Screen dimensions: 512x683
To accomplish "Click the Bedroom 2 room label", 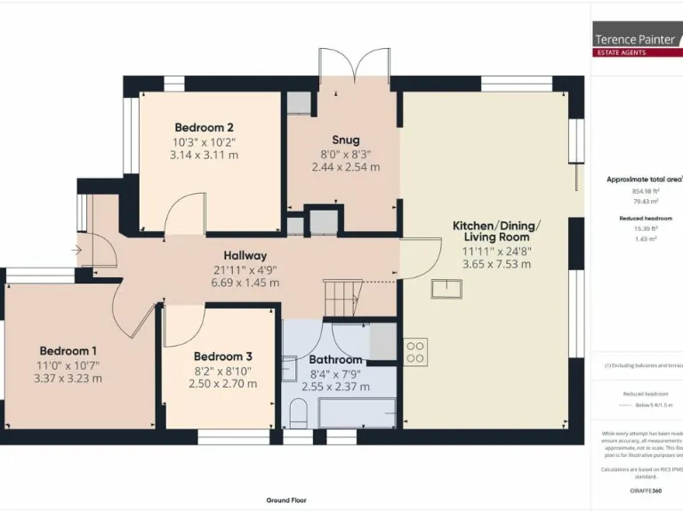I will click(x=204, y=127).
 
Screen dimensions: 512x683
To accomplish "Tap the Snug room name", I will click(x=346, y=140).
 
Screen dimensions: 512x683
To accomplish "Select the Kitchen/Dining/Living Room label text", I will click(x=496, y=231).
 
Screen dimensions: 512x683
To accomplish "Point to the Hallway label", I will click(x=245, y=256).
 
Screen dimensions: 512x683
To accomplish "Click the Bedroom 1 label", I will click(x=68, y=350).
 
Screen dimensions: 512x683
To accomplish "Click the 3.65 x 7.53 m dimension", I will click(x=496, y=264).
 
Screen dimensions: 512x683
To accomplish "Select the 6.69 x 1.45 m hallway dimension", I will click(x=245, y=283).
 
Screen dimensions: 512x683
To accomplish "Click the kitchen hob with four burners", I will click(x=415, y=351).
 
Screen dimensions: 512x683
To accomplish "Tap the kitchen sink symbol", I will click(x=447, y=288).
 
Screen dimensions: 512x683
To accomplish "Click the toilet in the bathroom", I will click(x=299, y=412).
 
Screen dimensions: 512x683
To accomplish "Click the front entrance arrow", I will click(x=77, y=250).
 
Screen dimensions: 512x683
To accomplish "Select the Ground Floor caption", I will click(x=286, y=500).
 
